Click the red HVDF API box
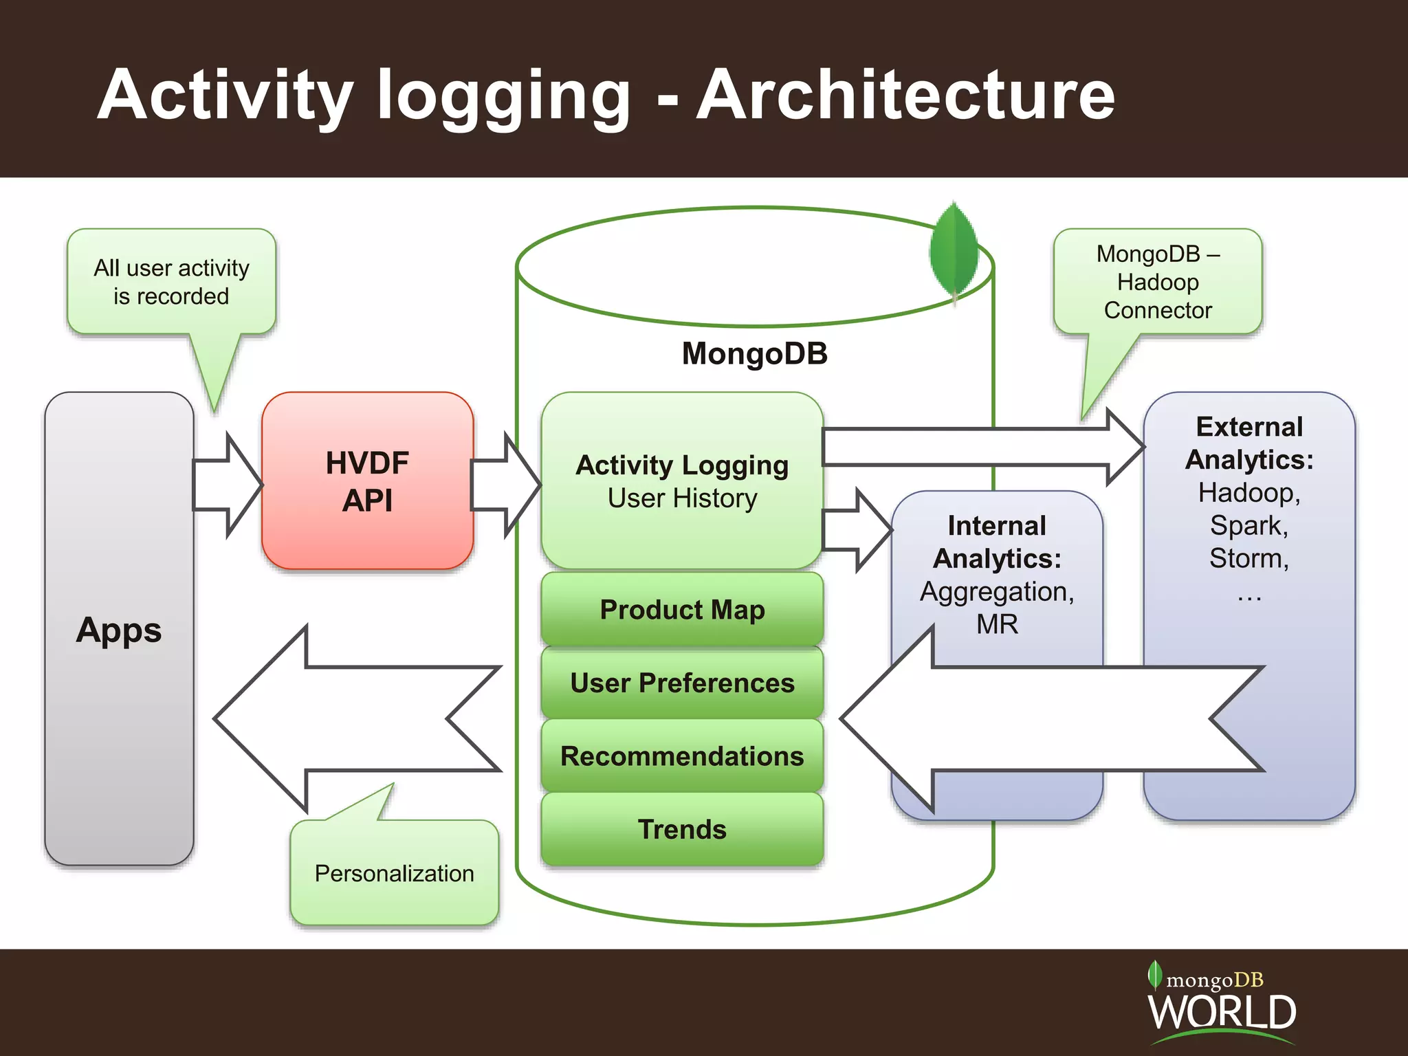click(x=367, y=481)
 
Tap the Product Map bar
click(x=682, y=609)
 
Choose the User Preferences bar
click(x=682, y=683)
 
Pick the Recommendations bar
click(x=682, y=756)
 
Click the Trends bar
click(x=682, y=829)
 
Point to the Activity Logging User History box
click(x=682, y=481)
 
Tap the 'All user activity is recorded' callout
click(x=171, y=282)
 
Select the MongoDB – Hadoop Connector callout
click(x=1158, y=282)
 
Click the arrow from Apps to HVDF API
click(x=227, y=485)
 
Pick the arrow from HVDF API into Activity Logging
click(x=506, y=485)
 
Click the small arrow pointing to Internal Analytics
click(x=857, y=530)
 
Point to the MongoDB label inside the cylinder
click(x=754, y=353)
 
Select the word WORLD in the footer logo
click(x=1222, y=1012)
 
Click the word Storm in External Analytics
click(x=1247, y=558)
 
